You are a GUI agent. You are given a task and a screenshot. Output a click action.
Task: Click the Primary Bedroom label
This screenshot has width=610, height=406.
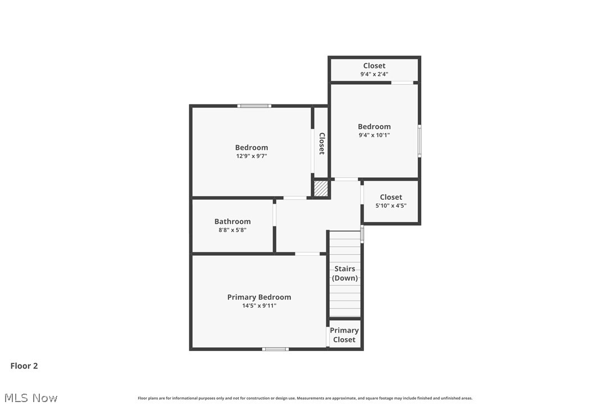coord(259,297)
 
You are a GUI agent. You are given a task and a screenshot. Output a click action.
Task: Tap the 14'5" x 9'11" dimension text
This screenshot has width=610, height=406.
coord(259,306)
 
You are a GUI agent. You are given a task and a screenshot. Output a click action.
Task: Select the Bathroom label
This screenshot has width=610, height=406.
coord(233,222)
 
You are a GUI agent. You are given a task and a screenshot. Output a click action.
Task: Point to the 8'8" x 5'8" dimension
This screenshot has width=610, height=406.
coord(233,230)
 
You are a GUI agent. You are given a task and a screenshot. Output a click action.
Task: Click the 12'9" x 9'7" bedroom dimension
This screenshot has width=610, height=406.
coord(251,156)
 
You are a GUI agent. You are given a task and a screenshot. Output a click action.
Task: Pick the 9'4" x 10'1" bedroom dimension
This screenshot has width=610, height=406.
coord(374,135)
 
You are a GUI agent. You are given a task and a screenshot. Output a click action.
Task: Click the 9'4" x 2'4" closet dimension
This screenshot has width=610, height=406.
coord(374,74)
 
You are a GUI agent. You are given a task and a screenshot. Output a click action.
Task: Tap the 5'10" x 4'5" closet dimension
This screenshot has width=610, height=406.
coord(391,206)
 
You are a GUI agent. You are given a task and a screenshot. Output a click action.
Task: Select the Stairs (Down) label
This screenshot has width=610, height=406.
coord(345,274)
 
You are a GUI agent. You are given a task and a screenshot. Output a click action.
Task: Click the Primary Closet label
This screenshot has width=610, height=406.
coord(344,335)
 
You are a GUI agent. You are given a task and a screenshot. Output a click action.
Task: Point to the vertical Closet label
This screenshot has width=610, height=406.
coord(322,143)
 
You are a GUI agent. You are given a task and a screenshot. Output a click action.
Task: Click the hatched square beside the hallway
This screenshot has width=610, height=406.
coord(321,188)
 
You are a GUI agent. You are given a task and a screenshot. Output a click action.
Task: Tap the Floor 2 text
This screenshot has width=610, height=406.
coord(24,366)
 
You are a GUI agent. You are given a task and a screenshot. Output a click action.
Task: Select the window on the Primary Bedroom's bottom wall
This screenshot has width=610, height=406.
coord(275,349)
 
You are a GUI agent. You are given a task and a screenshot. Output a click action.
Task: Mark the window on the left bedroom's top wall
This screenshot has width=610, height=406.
coord(254,105)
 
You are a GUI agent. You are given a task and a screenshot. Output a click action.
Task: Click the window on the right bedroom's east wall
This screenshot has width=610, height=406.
coord(419,140)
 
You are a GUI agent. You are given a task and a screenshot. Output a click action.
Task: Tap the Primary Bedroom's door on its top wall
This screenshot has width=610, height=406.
coord(307,254)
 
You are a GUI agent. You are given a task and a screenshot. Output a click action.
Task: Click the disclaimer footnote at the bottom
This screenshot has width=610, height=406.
coord(305,398)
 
